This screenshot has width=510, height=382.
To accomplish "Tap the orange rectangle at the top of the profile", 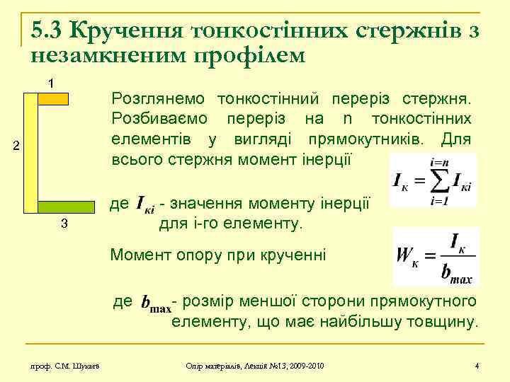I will tap(52, 99).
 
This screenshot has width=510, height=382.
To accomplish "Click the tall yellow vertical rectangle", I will tap(30, 153).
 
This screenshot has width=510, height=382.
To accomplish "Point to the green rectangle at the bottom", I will tap(66, 207).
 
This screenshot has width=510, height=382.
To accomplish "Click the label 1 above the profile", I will tap(50, 83).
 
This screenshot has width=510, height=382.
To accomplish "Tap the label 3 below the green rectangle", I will tap(64, 225).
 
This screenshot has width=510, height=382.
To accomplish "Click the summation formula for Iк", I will tap(433, 180).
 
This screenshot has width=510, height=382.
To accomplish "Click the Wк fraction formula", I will tap(436, 256).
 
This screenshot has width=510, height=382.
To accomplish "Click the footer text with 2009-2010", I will tap(254, 365).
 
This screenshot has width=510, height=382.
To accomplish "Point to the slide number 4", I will tap(477, 365).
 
